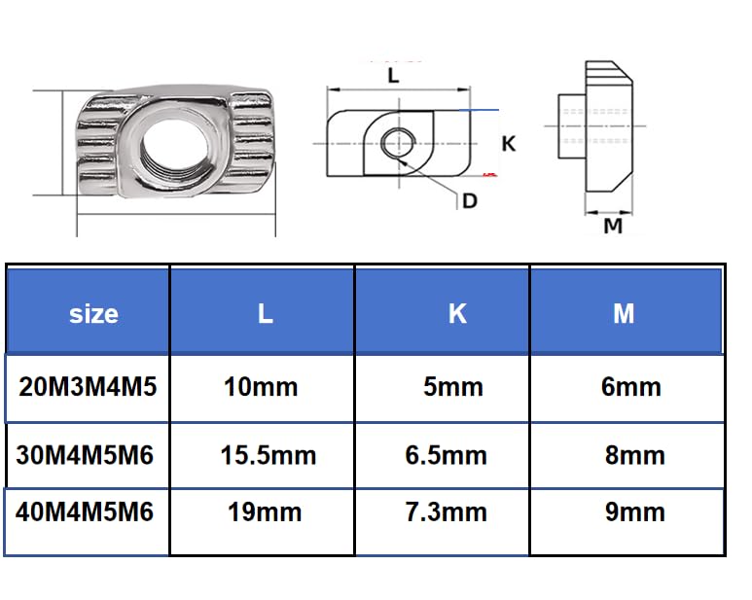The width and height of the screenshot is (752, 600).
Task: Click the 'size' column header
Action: click(93, 314)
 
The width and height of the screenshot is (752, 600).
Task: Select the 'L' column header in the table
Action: click(265, 313)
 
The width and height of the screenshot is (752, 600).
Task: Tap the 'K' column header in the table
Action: click(457, 313)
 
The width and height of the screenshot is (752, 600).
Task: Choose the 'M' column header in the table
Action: click(624, 313)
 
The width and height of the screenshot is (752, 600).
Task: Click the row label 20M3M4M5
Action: click(88, 386)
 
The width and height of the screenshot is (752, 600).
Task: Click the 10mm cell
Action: click(261, 387)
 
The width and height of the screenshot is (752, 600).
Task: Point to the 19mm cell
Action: click(263, 512)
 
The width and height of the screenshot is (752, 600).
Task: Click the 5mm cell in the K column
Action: click(453, 387)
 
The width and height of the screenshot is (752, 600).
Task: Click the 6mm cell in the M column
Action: click(631, 387)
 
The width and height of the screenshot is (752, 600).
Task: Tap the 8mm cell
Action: click(634, 455)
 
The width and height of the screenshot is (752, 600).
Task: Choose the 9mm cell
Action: click(634, 512)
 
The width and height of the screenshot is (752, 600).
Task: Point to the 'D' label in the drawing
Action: click(470, 200)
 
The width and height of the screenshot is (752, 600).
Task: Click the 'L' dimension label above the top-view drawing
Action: click(393, 75)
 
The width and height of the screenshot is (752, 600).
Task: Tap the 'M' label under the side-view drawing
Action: click(613, 227)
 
